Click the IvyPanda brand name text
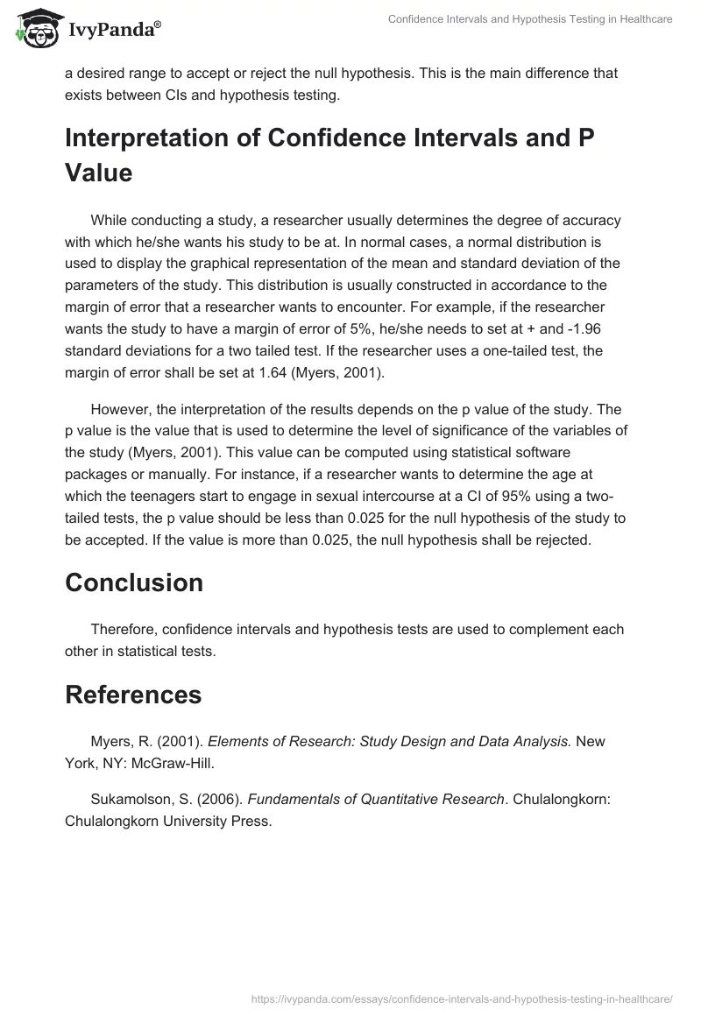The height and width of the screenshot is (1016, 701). pos(113,30)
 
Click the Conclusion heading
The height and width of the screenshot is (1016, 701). pos(134,582)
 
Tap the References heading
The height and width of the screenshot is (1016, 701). pos(133,695)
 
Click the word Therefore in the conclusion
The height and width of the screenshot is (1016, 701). pos(124,630)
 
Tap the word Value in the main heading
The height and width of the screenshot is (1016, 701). pos(98,173)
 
